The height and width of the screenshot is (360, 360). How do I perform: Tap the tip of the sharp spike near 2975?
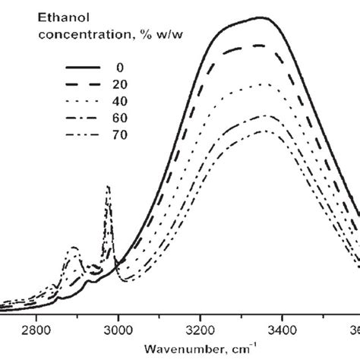point(108,186)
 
